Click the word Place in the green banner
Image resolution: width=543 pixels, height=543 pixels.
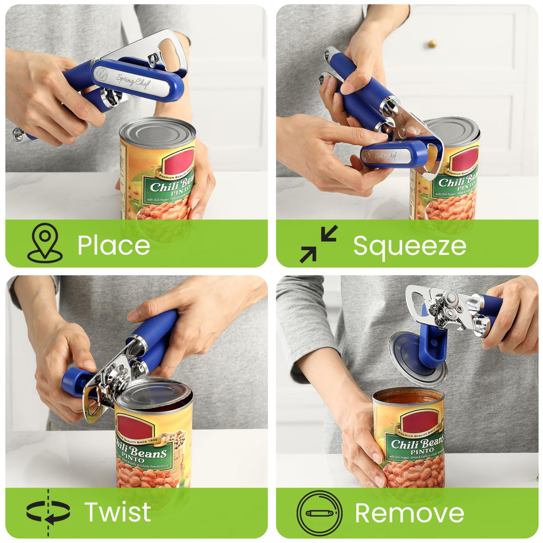[113, 246]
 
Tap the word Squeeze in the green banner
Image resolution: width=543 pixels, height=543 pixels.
[409, 246]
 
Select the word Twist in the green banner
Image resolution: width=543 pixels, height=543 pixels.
[117, 512]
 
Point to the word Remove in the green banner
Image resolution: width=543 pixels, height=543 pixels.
[409, 513]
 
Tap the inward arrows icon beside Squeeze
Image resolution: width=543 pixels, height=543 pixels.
[319, 244]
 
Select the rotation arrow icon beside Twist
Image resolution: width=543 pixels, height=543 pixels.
[48, 512]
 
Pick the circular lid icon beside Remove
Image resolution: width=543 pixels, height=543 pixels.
[319, 513]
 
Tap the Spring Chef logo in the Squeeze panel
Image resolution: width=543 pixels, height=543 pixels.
[386, 155]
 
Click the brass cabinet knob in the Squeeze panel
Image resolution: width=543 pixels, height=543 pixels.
[432, 43]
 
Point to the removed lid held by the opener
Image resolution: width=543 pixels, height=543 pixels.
[417, 358]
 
